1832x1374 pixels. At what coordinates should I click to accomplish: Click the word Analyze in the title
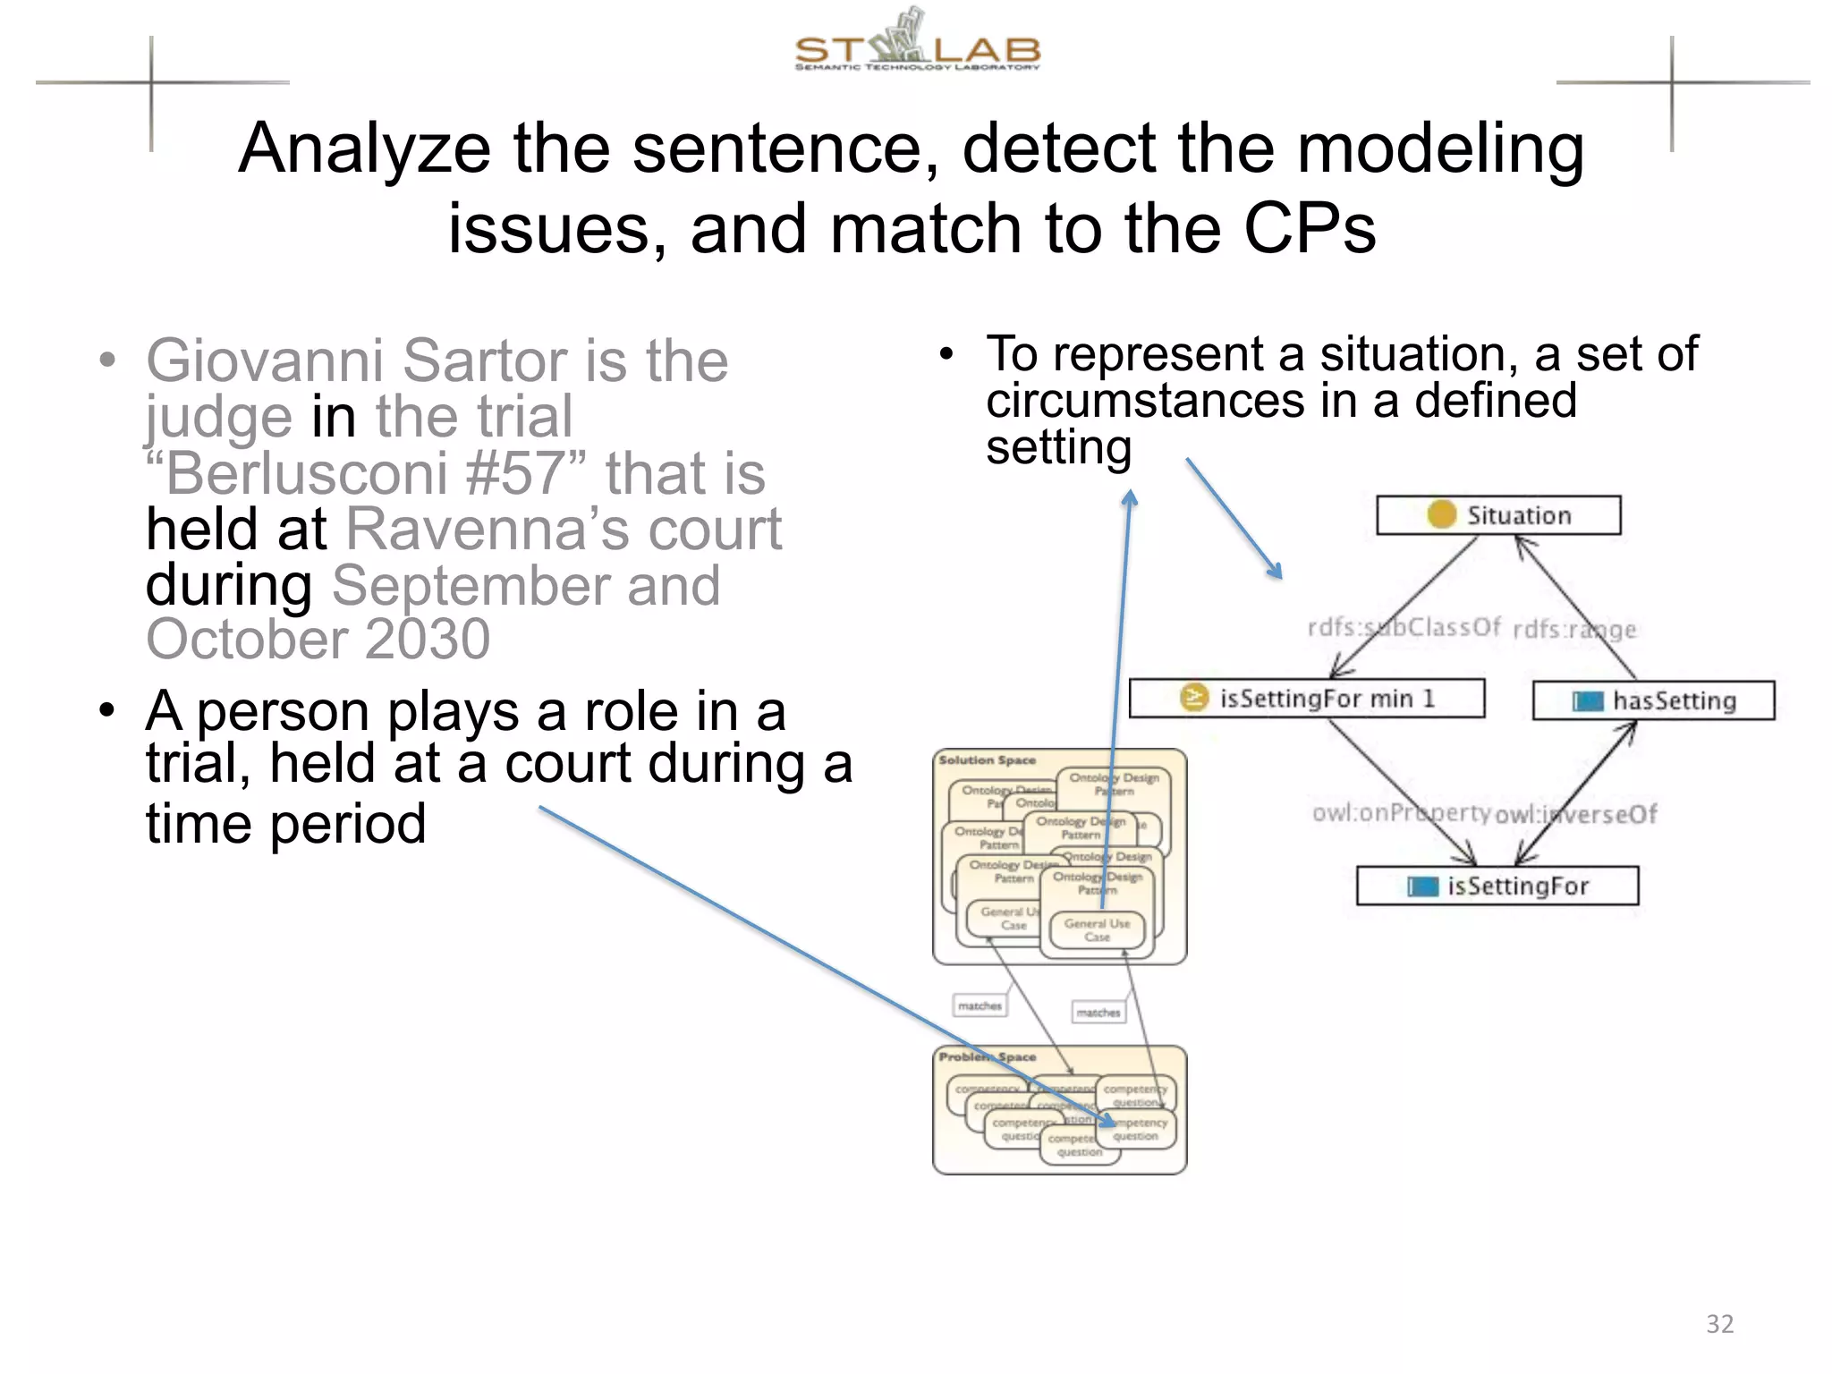[364, 148]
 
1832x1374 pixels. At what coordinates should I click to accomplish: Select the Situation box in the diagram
[1498, 515]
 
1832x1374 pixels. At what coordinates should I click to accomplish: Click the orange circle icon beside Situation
[1441, 514]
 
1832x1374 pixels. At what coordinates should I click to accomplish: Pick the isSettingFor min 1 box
[1306, 699]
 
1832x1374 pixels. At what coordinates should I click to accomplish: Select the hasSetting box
[1653, 700]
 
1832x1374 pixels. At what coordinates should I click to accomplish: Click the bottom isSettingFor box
[1497, 886]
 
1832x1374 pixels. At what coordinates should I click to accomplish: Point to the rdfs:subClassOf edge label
[1404, 627]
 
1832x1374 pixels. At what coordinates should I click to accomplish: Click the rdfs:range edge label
[1573, 630]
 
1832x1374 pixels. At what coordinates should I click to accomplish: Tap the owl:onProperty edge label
[1400, 813]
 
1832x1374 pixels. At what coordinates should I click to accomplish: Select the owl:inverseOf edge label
[1576, 814]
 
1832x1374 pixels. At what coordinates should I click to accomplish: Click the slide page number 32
[1719, 1323]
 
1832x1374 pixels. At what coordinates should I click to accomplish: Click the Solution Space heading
[987, 760]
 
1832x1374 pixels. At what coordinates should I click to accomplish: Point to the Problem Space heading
[987, 1057]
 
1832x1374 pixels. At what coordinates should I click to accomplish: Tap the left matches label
[980, 1006]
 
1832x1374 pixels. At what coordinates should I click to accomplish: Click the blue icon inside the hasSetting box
[1588, 701]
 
